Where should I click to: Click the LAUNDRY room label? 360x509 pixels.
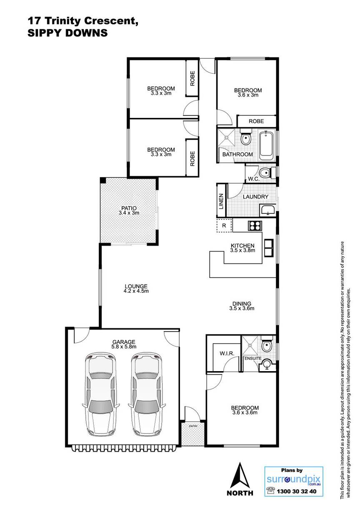[255, 197]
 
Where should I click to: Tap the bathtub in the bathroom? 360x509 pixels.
[266, 146]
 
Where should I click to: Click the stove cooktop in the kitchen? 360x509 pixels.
[255, 226]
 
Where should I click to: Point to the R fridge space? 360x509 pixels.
[224, 225]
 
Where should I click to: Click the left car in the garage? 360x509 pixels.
[100, 393]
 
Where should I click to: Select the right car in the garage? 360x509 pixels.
[147, 393]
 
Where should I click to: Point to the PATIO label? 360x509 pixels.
[129, 208]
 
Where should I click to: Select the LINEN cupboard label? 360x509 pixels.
[221, 201]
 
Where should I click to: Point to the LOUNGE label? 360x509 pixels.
[136, 286]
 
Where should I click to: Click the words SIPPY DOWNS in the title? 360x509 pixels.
[67, 33]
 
